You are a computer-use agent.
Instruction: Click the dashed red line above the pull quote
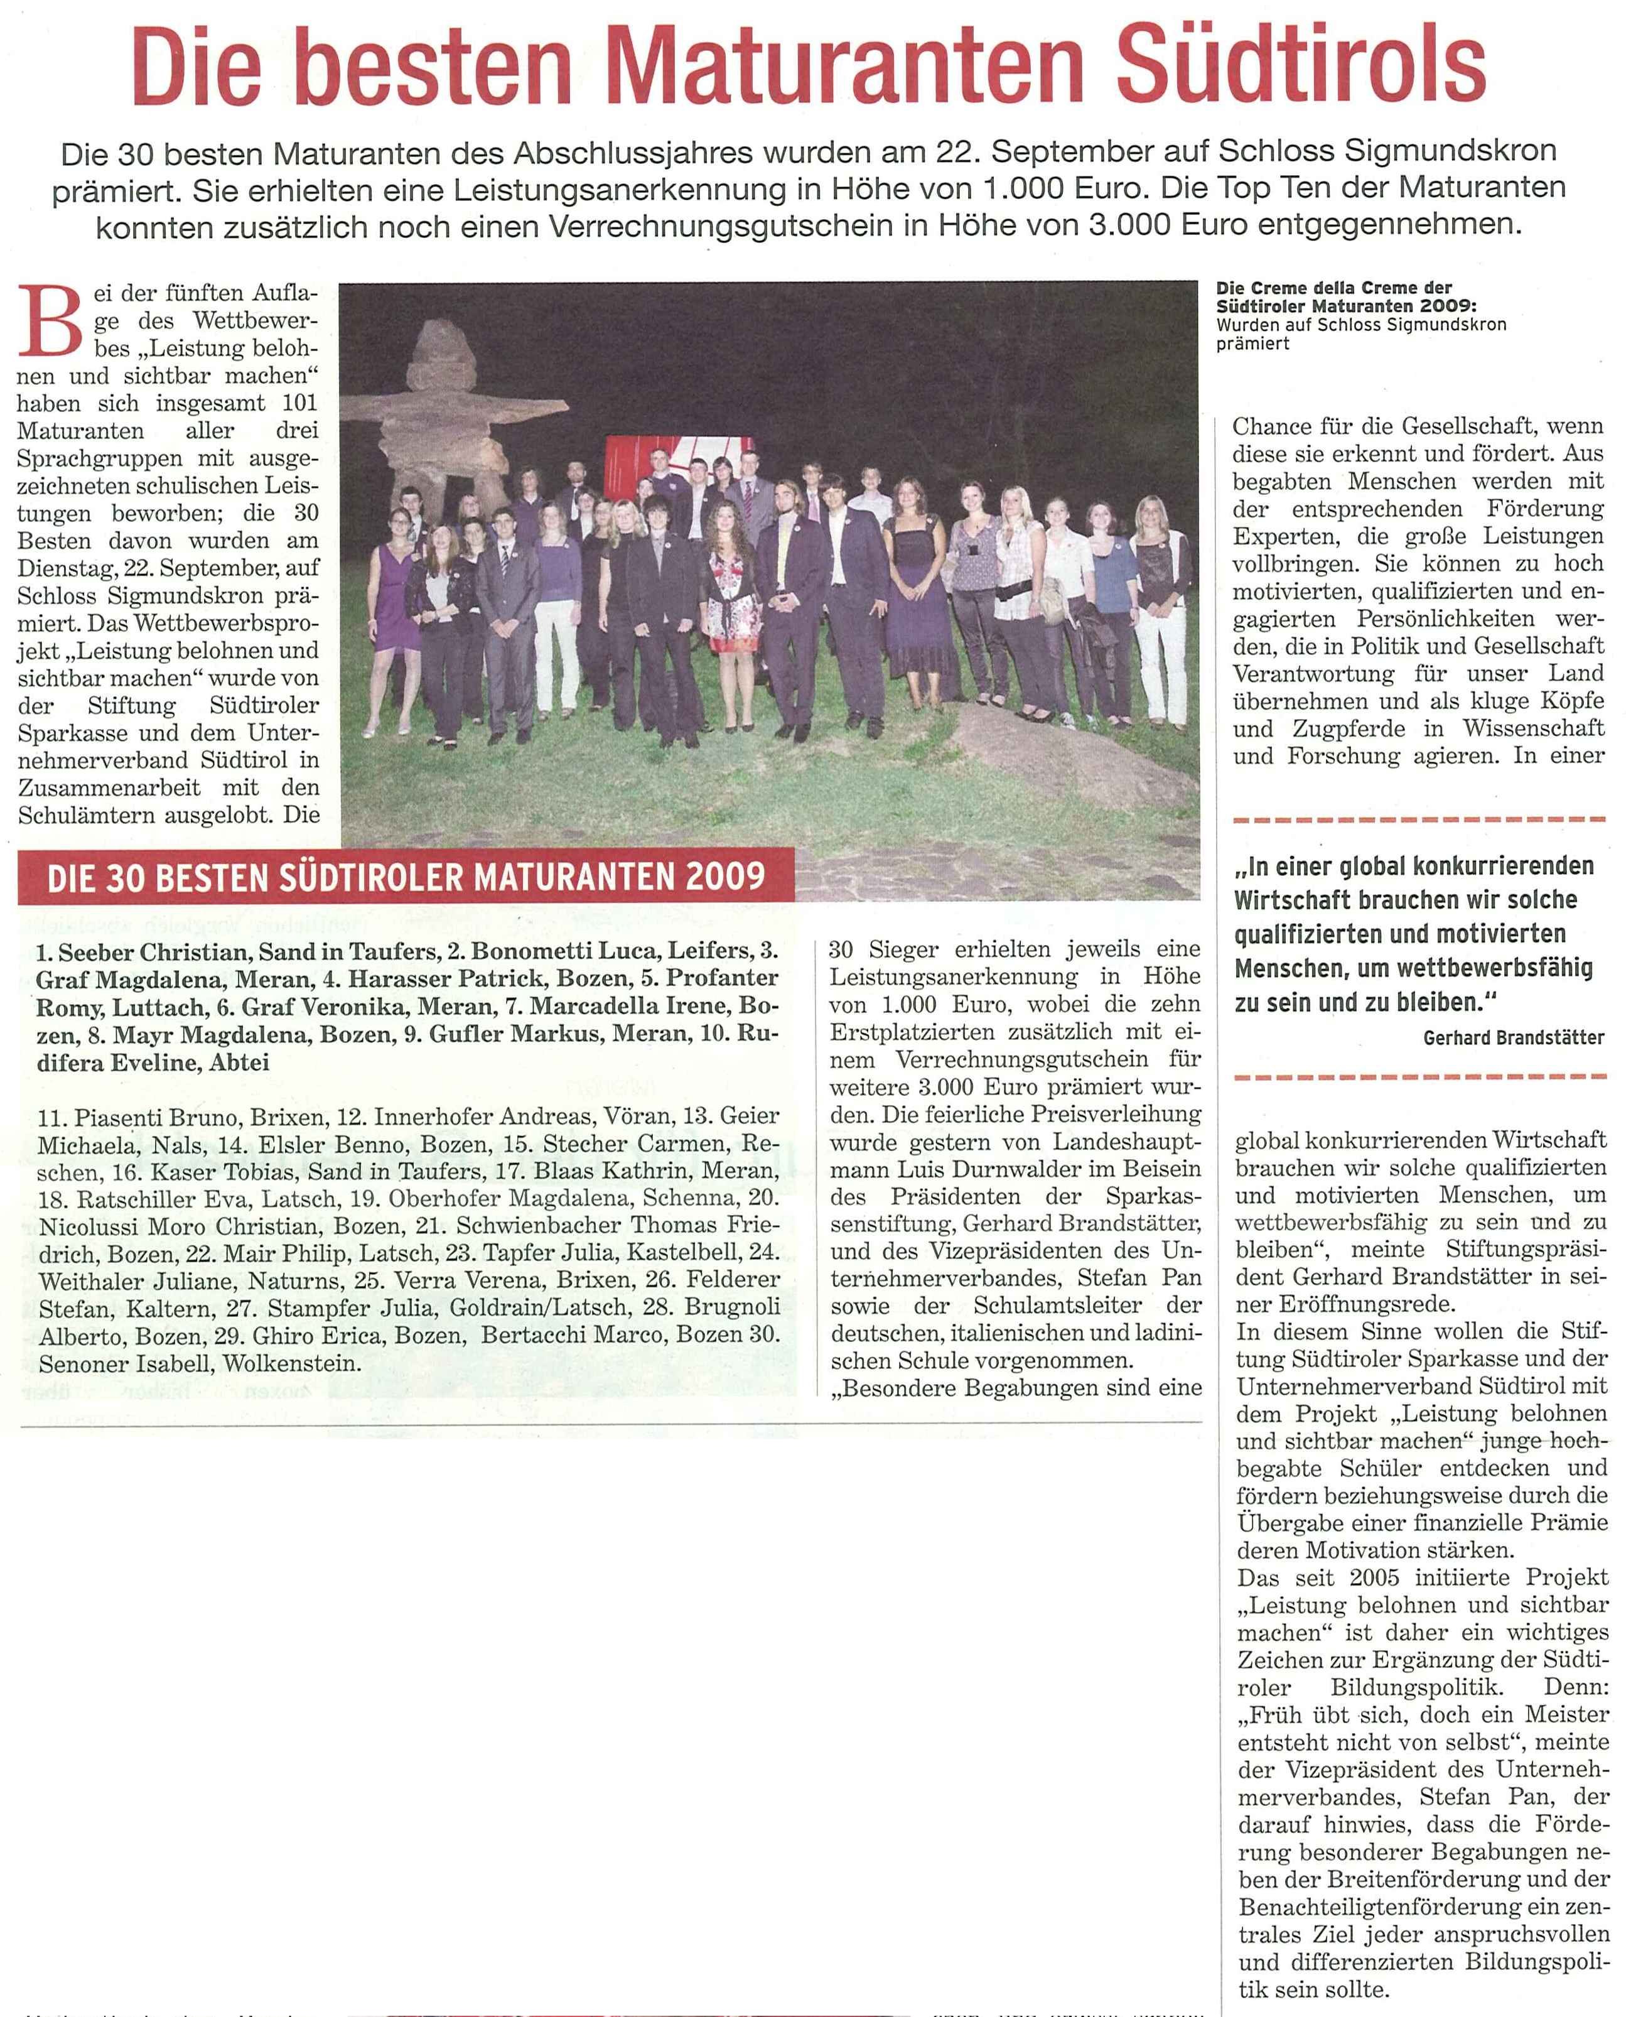point(1420,819)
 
